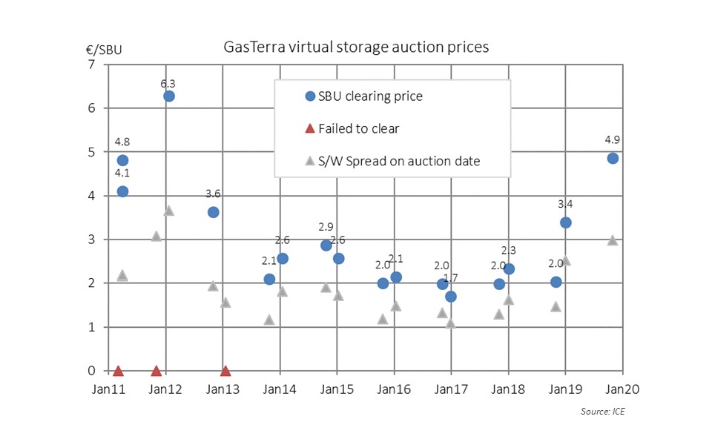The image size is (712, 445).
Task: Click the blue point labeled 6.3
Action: (169, 96)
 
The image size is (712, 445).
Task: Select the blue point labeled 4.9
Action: (613, 158)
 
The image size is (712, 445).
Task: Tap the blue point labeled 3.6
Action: (214, 212)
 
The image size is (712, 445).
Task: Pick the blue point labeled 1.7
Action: (450, 297)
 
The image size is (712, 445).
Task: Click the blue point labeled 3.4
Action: (566, 222)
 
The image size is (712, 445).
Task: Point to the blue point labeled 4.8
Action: (122, 160)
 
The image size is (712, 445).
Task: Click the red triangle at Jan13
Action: (225, 371)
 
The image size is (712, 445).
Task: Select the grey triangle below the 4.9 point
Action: (613, 240)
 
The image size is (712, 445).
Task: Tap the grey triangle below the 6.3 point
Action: (169, 211)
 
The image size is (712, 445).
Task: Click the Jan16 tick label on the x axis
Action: (393, 389)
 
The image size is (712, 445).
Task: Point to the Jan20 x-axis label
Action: (622, 389)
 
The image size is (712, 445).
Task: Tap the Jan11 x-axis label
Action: (108, 389)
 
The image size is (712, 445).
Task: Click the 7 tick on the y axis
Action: (91, 65)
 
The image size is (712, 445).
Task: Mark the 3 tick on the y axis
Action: (91, 240)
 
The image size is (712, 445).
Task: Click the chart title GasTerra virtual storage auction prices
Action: (356, 47)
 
